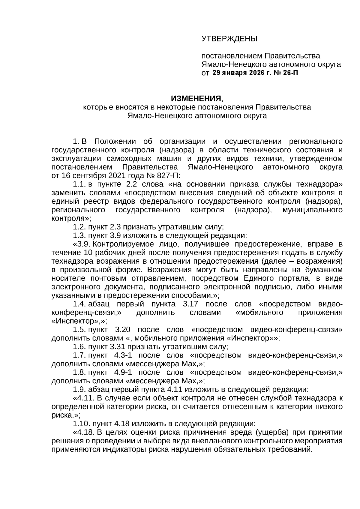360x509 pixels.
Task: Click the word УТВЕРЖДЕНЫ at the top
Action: pyautogui.click(x=229, y=39)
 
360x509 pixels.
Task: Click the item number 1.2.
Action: pyautogui.click(x=79, y=227)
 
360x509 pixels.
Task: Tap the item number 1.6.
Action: pyautogui.click(x=79, y=347)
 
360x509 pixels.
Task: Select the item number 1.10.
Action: pyautogui.click(x=81, y=424)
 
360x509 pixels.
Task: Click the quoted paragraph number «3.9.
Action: pyautogui.click(x=82, y=244)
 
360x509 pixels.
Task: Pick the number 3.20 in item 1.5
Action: pyautogui.click(x=123, y=330)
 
